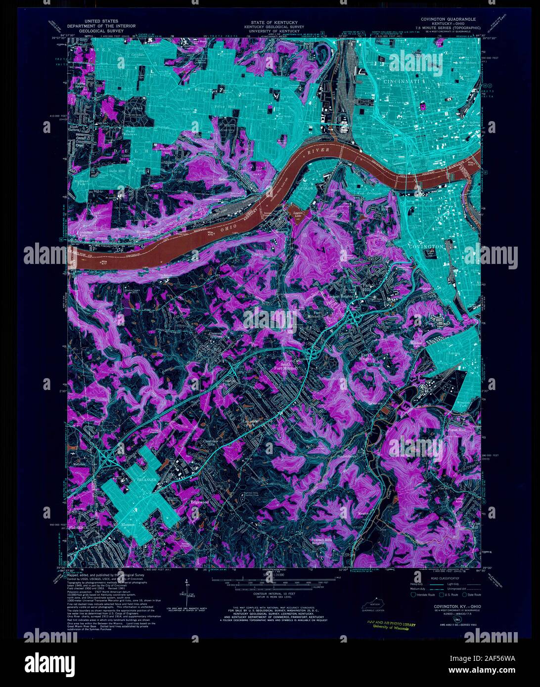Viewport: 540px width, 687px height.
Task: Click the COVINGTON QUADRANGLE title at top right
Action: point(445,19)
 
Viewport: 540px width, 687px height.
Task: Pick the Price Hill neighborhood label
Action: point(224,106)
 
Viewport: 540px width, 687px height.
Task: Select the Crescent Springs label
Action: point(214,336)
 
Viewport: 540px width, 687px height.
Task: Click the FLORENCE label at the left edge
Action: point(79,528)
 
